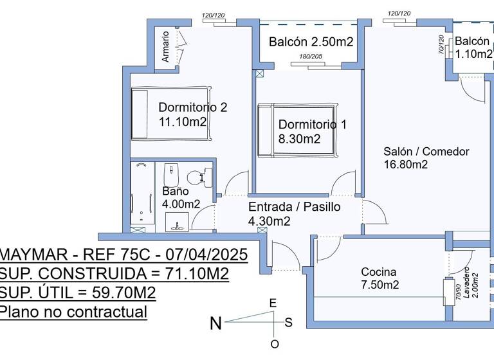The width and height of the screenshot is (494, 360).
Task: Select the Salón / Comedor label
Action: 426,152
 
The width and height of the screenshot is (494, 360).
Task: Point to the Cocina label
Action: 378,272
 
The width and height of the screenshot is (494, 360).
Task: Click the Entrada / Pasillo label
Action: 294,207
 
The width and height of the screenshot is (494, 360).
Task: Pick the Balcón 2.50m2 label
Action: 311,42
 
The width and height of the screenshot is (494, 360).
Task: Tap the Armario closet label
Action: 165,47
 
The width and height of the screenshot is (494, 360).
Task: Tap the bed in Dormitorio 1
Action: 295,130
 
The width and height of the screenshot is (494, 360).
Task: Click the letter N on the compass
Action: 216,323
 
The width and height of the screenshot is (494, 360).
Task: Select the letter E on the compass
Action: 273,303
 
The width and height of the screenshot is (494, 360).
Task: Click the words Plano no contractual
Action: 73,312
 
